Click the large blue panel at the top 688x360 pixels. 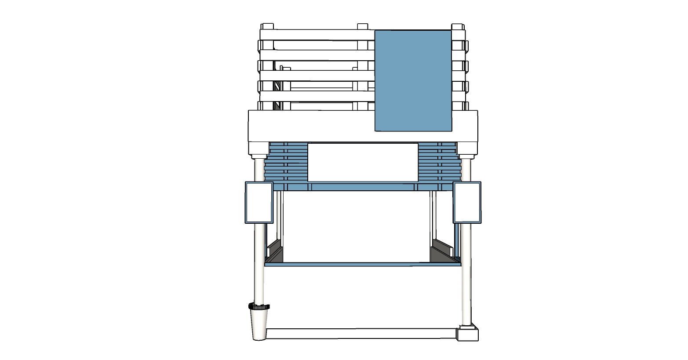tap(413, 80)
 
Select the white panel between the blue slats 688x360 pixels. tap(363, 162)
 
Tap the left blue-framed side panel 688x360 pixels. tap(259, 202)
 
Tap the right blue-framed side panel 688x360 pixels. tap(467, 202)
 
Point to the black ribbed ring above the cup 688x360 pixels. tap(259, 306)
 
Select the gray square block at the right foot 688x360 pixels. tap(467, 334)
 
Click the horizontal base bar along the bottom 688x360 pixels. tap(360, 334)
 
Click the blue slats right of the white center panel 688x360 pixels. tap(438, 163)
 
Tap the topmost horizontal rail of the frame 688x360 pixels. tap(317, 35)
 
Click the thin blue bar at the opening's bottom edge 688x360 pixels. tap(363, 264)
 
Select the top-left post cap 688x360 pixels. tap(267, 26)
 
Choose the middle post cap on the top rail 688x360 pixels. tap(362, 26)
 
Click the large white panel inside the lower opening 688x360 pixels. tap(356, 226)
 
